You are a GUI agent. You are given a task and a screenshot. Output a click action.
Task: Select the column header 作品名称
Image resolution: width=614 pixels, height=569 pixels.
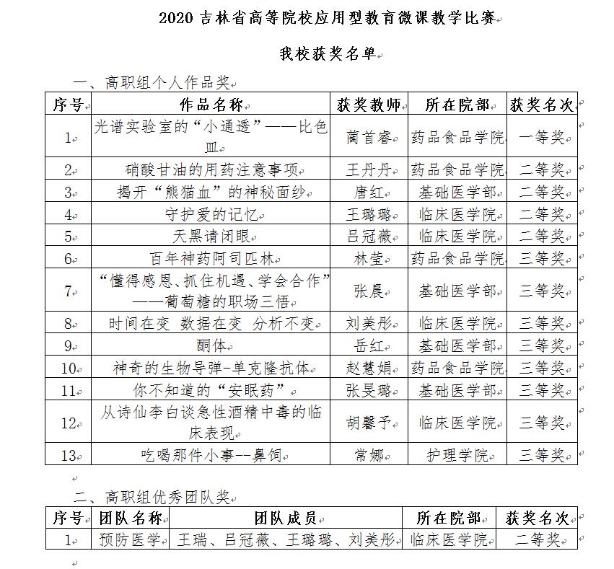pyautogui.click(x=210, y=105)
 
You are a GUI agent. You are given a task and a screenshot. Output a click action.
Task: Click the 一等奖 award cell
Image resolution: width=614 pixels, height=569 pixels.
pyautogui.click(x=541, y=136)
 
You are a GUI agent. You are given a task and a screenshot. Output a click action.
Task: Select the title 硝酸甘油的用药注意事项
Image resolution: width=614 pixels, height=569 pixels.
pyautogui.click(x=210, y=170)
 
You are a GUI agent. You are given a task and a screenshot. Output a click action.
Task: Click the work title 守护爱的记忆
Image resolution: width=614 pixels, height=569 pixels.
pyautogui.click(x=210, y=214)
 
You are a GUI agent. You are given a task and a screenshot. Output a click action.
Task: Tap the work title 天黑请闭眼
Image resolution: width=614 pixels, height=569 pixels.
pyautogui.click(x=210, y=236)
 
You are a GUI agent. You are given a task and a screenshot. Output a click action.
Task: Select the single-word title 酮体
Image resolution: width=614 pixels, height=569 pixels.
pyautogui.click(x=210, y=345)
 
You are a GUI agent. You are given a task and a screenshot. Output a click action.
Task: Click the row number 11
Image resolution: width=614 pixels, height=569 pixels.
pyautogui.click(x=68, y=390)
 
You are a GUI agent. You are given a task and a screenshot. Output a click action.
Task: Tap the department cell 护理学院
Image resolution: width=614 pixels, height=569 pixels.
pyautogui.click(x=456, y=455)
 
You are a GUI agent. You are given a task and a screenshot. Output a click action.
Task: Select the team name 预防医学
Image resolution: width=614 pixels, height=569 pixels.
pyautogui.click(x=129, y=539)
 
